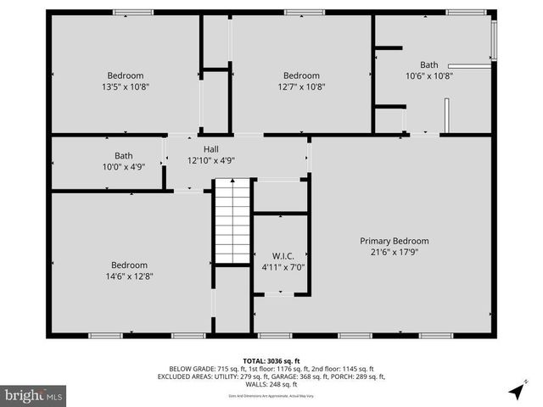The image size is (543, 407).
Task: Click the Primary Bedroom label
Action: (x=394, y=241)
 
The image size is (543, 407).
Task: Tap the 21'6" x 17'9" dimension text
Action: (x=394, y=252)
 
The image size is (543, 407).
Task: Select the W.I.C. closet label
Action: (x=283, y=256)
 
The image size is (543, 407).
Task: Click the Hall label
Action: (x=210, y=148)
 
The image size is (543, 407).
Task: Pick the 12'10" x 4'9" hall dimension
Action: (x=210, y=159)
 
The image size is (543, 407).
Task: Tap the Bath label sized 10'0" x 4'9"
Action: (x=124, y=155)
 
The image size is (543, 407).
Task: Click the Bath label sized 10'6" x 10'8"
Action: (x=429, y=64)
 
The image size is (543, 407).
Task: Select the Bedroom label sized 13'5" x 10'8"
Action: (x=125, y=75)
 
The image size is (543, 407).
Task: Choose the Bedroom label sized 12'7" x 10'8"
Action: (x=301, y=75)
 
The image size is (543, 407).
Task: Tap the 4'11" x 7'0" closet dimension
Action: (x=283, y=267)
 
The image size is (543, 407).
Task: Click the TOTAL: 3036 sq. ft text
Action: (x=271, y=360)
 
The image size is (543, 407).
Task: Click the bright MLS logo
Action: (x=34, y=395)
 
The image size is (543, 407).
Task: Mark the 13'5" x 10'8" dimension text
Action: (x=125, y=86)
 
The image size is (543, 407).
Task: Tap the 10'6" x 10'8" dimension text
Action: (x=429, y=75)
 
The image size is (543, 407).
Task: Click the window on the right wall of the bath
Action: (x=494, y=40)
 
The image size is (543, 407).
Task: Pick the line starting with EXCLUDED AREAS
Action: (x=271, y=376)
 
